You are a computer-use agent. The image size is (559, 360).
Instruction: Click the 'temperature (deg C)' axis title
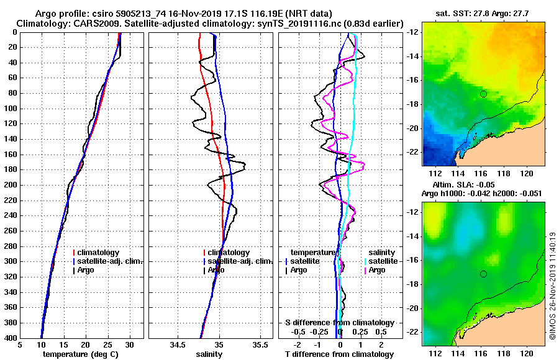pyautogui.click(x=80, y=354)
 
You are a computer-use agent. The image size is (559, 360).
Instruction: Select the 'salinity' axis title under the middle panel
pyautogui.click(x=209, y=354)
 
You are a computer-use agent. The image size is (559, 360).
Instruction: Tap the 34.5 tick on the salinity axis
pyautogui.click(x=178, y=344)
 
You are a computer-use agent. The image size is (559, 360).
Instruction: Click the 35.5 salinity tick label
pyautogui.click(x=260, y=344)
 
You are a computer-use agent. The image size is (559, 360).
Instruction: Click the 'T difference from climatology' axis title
pyautogui.click(x=339, y=354)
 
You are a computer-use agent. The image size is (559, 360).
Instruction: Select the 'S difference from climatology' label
pyautogui.click(x=339, y=323)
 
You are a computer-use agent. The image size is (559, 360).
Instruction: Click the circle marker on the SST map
pyautogui.click(x=483, y=94)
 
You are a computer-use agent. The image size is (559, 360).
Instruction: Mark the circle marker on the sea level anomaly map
pyautogui.click(x=483, y=274)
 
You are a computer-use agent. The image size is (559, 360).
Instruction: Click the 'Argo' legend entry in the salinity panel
pyautogui.click(x=216, y=270)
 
